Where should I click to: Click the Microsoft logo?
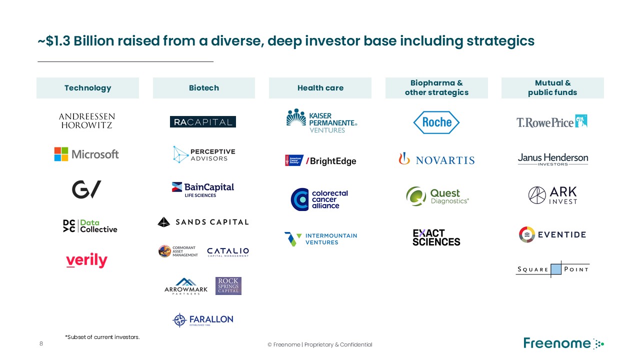[x=86, y=154]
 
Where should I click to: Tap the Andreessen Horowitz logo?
[x=86, y=121]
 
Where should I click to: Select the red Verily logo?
[x=86, y=260]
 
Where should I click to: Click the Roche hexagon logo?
[x=436, y=122]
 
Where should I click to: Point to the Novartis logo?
[x=436, y=159]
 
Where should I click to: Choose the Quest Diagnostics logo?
[x=437, y=196]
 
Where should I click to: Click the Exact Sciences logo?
[x=436, y=237]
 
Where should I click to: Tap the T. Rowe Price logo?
[x=552, y=121]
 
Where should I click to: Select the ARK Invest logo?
[x=552, y=195]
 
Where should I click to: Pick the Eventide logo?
[x=552, y=234]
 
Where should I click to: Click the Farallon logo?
[x=203, y=319]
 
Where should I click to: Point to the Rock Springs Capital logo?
[x=228, y=286]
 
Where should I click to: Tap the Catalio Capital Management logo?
[x=227, y=251]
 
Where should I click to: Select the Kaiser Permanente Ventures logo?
[x=321, y=121]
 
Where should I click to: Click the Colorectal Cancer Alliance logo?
[x=319, y=199]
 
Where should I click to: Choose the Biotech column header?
[x=203, y=88]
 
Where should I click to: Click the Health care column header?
[x=320, y=88]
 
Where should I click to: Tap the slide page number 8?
[x=41, y=344]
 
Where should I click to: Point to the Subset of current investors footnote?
[x=102, y=337]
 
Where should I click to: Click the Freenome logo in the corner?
[x=563, y=343]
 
